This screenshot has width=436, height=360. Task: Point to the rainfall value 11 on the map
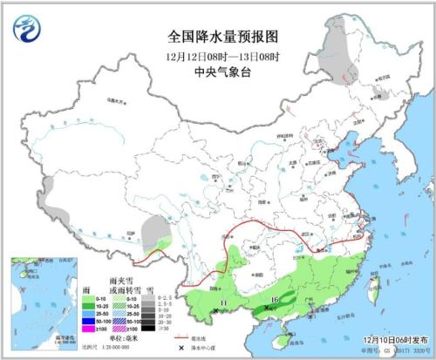(224, 302)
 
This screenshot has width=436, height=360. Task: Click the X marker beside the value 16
(266, 307)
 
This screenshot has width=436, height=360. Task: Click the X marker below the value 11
(215, 310)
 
